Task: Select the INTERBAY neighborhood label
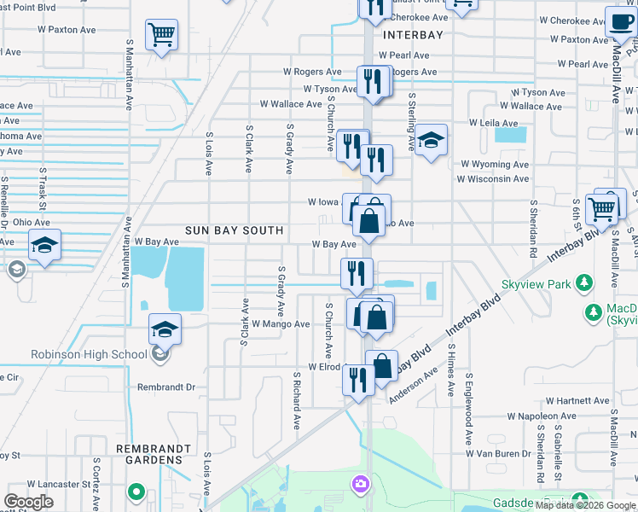click(415, 35)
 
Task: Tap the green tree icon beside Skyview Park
click(584, 282)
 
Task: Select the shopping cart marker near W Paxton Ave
click(161, 34)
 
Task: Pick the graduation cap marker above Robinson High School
click(165, 329)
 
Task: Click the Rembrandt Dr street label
click(167, 387)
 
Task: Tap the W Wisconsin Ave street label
click(493, 179)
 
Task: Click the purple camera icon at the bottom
click(361, 484)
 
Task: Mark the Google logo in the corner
click(28, 502)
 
